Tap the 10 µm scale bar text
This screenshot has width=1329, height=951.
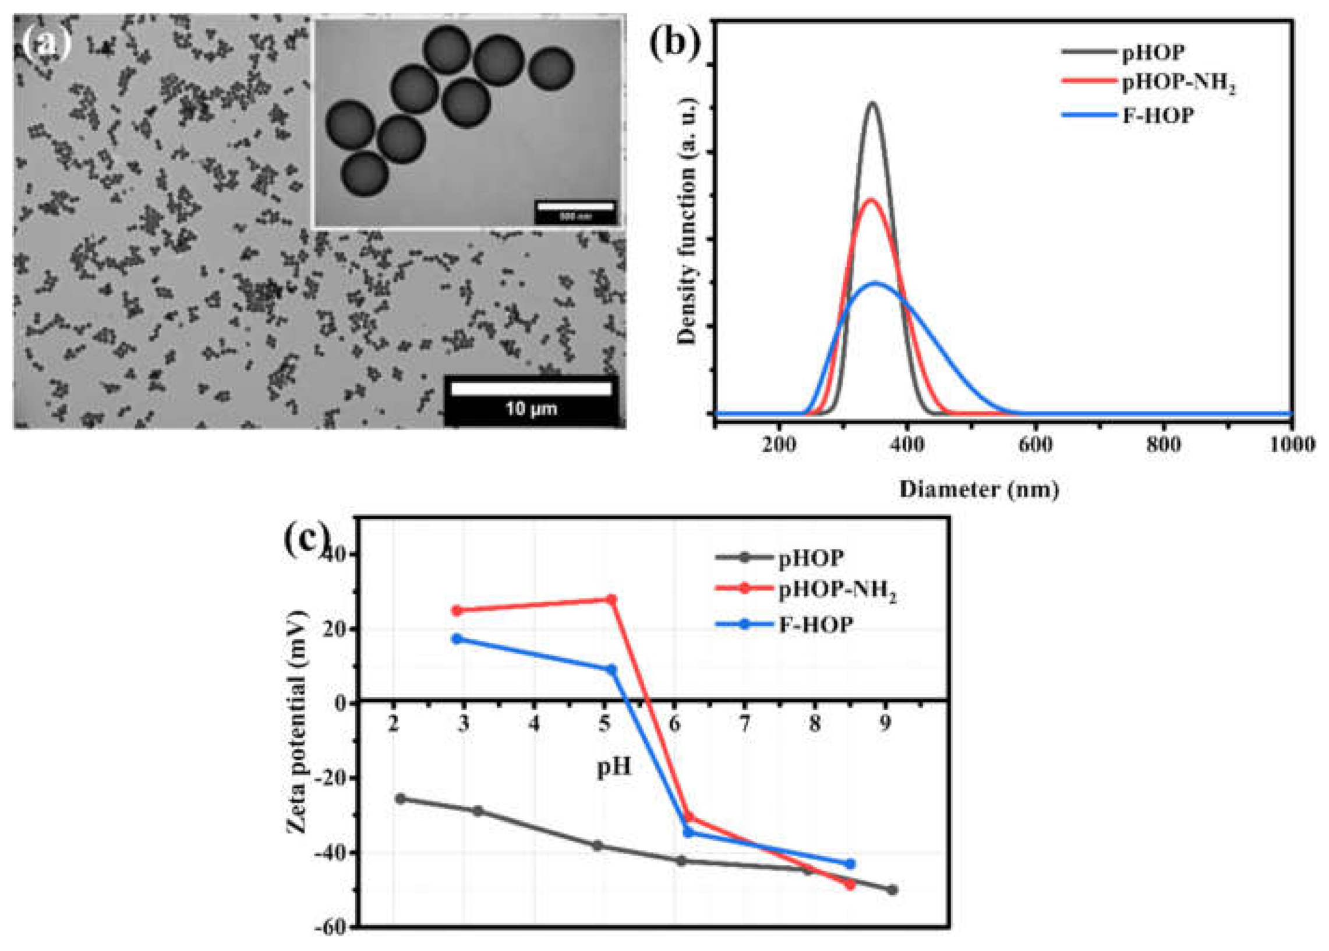coord(531,408)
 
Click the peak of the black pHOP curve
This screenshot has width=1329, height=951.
coord(872,104)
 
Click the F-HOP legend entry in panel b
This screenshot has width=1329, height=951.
coord(1157,115)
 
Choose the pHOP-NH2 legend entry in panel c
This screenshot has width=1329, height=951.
coord(837,592)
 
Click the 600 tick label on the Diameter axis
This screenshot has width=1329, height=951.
coord(1035,445)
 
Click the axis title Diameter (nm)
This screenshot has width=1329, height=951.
coord(978,489)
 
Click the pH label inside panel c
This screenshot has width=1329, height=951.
coord(614,766)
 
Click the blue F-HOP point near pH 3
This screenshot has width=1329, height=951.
coord(457,638)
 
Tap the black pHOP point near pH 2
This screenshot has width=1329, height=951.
coord(400,798)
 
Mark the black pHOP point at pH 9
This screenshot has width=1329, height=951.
coord(892,890)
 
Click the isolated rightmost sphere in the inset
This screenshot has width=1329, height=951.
coord(551,69)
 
